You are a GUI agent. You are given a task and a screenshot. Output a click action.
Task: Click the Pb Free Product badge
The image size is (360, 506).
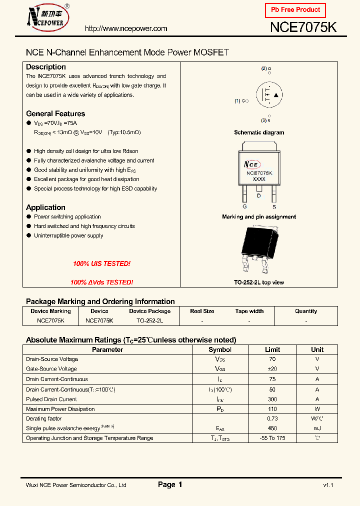click(x=295, y=10)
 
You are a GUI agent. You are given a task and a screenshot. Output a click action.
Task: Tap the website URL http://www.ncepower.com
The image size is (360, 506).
click(x=126, y=28)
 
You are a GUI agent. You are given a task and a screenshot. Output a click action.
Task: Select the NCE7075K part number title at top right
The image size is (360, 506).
click(x=303, y=27)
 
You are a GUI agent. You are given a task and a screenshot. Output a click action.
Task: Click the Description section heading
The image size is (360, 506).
click(x=46, y=67)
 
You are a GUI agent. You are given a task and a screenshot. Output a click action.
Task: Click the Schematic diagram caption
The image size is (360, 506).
click(x=259, y=132)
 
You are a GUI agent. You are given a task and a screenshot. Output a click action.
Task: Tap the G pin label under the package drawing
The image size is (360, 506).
click(x=244, y=206)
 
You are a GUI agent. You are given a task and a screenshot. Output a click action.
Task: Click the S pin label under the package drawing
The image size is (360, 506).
click(x=273, y=206)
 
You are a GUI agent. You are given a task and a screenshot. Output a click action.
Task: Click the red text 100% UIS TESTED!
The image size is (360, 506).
click(x=101, y=263)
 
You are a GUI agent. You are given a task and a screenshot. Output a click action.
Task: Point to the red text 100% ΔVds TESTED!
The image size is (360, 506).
click(x=101, y=282)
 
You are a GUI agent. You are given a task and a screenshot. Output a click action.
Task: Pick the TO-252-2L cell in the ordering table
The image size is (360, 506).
click(x=149, y=320)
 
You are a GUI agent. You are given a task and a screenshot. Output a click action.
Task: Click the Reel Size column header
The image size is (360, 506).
click(x=202, y=311)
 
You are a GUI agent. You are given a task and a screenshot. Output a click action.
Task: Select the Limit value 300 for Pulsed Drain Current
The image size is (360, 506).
click(x=272, y=399)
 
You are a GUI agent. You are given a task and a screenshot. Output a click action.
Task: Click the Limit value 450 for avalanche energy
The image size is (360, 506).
click(x=272, y=428)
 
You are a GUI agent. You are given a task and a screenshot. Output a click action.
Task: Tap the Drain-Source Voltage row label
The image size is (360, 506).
click(x=52, y=359)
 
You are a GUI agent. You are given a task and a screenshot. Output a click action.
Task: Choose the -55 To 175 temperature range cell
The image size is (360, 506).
click(x=272, y=438)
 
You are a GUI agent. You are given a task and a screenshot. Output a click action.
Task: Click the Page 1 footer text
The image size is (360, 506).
click(x=170, y=484)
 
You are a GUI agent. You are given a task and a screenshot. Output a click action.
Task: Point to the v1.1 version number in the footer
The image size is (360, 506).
click(x=328, y=485)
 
